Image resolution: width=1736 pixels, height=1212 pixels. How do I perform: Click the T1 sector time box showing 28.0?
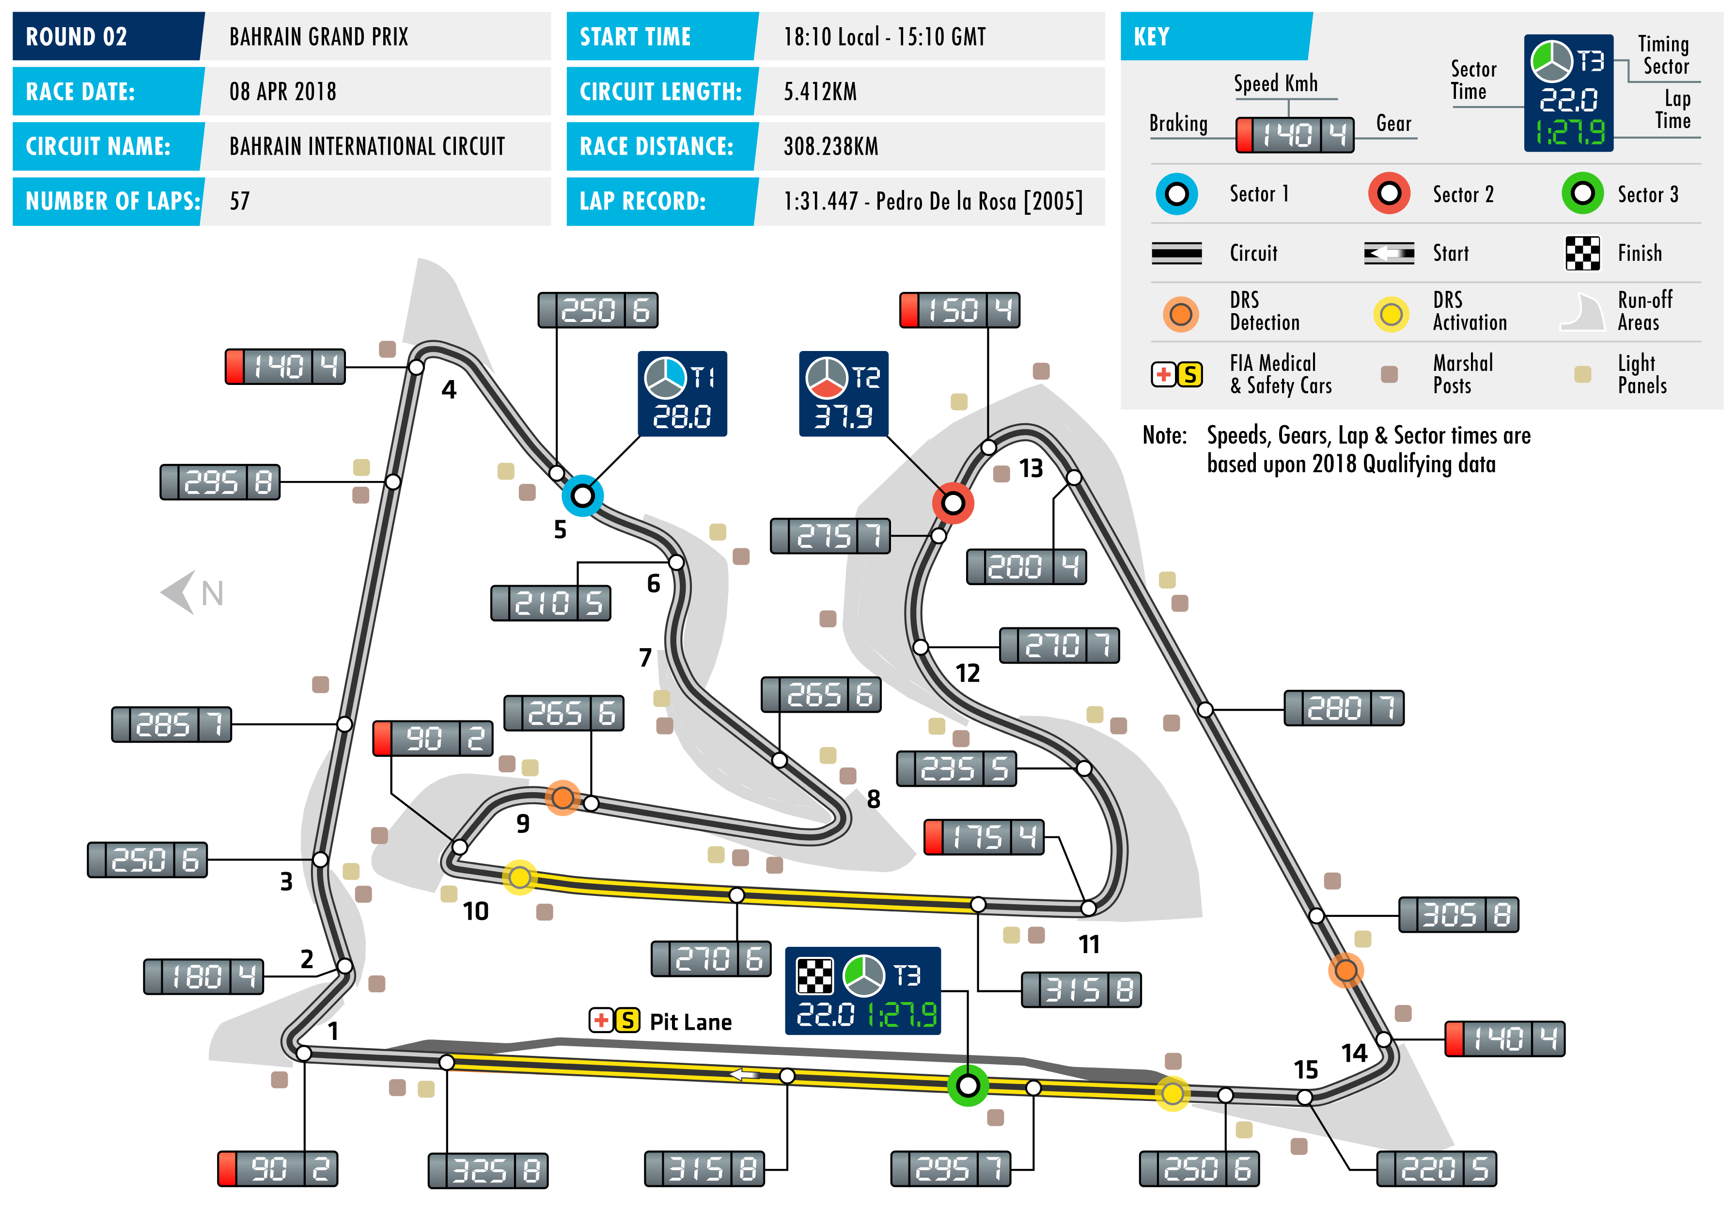coord(682,393)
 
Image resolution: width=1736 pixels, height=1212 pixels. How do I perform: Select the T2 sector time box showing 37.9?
coord(843,393)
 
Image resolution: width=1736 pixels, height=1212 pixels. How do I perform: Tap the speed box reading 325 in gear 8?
coord(488,1170)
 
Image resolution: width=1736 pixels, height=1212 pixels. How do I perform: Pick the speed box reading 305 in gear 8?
coord(1458,915)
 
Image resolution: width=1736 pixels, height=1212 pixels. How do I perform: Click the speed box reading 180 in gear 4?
coord(203,976)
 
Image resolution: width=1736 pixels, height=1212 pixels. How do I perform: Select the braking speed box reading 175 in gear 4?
coord(984,837)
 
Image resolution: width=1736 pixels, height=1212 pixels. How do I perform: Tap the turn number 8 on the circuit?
coord(873,799)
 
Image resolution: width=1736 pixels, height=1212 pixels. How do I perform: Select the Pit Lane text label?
coord(690,1022)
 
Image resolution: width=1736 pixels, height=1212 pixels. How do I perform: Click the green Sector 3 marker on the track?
coord(968,1085)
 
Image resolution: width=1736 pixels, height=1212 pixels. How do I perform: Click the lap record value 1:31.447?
coord(932,201)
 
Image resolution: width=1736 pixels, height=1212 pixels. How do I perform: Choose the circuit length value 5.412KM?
coord(820,92)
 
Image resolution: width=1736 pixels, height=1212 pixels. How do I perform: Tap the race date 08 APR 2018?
coord(283,92)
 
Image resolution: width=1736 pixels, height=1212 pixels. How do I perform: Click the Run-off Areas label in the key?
coord(1644,311)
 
